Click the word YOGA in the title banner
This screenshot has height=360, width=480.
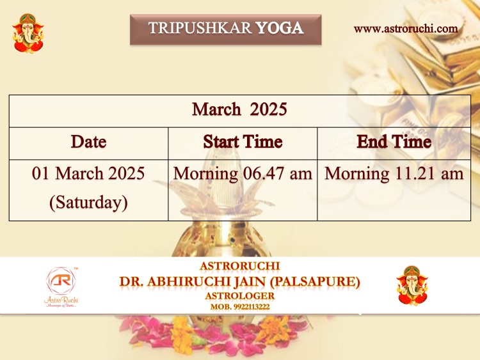(x=279, y=28)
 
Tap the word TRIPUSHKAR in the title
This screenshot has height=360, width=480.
(x=200, y=28)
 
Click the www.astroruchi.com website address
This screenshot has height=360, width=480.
(x=406, y=29)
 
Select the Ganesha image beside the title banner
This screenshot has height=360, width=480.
(x=28, y=33)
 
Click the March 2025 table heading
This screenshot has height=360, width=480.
(x=239, y=109)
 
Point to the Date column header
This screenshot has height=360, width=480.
(x=88, y=141)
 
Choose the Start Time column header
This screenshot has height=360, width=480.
(x=243, y=141)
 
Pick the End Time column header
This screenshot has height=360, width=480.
(x=394, y=141)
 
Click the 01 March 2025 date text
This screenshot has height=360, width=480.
(x=88, y=173)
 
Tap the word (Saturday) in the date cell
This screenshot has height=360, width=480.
(x=88, y=203)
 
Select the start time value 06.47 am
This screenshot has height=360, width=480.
(x=277, y=173)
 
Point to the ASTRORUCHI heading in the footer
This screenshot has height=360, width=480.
(x=240, y=266)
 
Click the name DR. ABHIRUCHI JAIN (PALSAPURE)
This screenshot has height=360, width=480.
(x=240, y=281)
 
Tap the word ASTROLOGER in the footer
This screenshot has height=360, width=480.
(x=240, y=296)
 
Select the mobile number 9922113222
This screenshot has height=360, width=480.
(x=252, y=307)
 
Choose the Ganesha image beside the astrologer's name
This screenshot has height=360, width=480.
(x=412, y=285)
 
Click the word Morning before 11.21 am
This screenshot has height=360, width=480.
(x=357, y=175)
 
